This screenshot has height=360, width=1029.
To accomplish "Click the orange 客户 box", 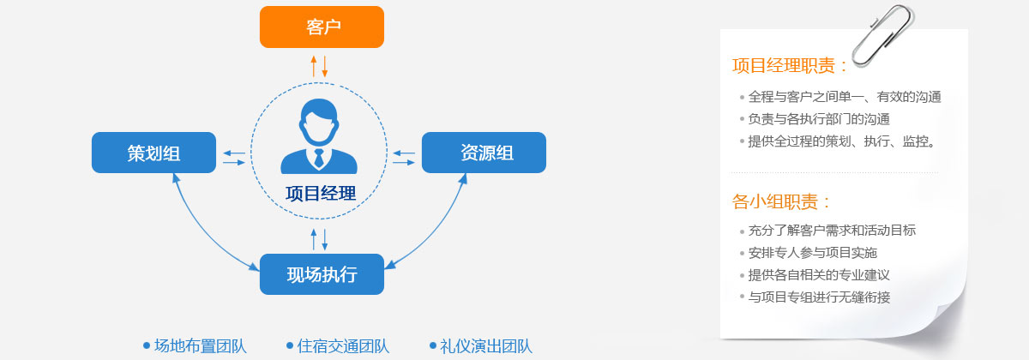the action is point(322,27).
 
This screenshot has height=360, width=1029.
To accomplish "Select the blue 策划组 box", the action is point(153,153).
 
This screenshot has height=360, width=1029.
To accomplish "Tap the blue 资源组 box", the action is point(484,153).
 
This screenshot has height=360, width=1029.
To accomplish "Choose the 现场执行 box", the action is point(322,274).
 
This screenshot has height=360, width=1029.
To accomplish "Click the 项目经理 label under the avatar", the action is point(321,194).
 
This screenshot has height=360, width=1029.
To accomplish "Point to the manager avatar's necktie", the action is point(319,158).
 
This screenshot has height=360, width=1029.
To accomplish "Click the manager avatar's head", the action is point(319,121).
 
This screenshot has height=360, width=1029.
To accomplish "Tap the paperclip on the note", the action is point(883,36).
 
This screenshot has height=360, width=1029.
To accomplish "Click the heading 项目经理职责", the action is point(784,66).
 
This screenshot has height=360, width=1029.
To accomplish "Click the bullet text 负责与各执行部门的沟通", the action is point(819,119).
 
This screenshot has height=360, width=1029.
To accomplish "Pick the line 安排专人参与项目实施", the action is point(813,253).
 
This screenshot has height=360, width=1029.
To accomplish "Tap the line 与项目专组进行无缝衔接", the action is point(819,297).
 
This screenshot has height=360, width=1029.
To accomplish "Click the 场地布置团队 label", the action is point(201,345).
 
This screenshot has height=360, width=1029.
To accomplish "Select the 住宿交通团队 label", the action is point(343,345).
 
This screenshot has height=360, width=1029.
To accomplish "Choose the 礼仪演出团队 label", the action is point(486,345).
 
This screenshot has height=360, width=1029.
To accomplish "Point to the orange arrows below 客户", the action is point(319,66).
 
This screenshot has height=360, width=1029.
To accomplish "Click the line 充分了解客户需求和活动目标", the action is point(832,230).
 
